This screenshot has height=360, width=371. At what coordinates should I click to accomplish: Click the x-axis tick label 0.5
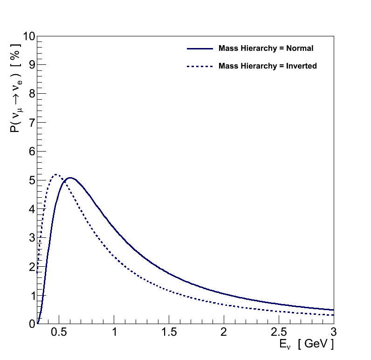click(59, 332)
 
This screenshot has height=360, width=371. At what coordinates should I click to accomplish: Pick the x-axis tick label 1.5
click(169, 332)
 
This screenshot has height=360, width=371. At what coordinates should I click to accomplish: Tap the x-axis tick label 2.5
click(279, 332)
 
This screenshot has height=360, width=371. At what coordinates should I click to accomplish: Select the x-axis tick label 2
click(224, 332)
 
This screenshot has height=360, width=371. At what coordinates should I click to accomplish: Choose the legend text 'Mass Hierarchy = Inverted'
click(268, 66)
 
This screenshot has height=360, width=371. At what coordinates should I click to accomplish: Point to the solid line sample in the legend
click(199, 48)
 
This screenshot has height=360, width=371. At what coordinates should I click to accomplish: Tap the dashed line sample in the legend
click(199, 66)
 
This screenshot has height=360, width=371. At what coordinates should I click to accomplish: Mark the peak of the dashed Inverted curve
click(56, 174)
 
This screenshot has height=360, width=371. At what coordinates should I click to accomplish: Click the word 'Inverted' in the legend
click(302, 66)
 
